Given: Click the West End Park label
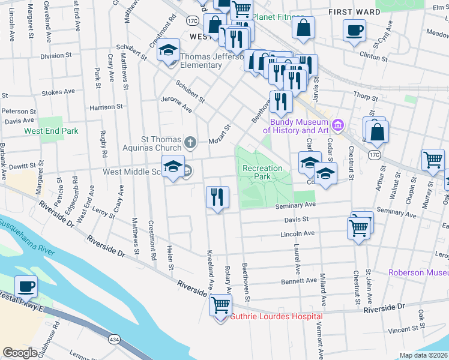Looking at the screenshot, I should pos(51,130).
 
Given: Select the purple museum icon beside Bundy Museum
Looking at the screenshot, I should pos(339,125).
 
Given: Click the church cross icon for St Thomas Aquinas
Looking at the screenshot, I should pos(190,142).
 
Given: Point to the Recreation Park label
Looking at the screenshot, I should pos(262,173).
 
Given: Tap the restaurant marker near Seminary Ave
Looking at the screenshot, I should pos(217,197).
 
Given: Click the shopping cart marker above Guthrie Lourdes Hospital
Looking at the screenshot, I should pos(220,305).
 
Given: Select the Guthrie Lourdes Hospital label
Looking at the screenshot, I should pos(277,316).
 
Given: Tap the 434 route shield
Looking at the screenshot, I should pos(113,340).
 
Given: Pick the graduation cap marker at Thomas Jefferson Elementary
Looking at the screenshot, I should pos(169,50).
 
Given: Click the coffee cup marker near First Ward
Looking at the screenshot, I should pos(354,30).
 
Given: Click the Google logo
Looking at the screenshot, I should pos(20,352).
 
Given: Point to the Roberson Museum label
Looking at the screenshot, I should pos(418,272).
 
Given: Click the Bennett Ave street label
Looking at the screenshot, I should pos(299,280).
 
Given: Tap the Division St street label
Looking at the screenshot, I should pos(56,56).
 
